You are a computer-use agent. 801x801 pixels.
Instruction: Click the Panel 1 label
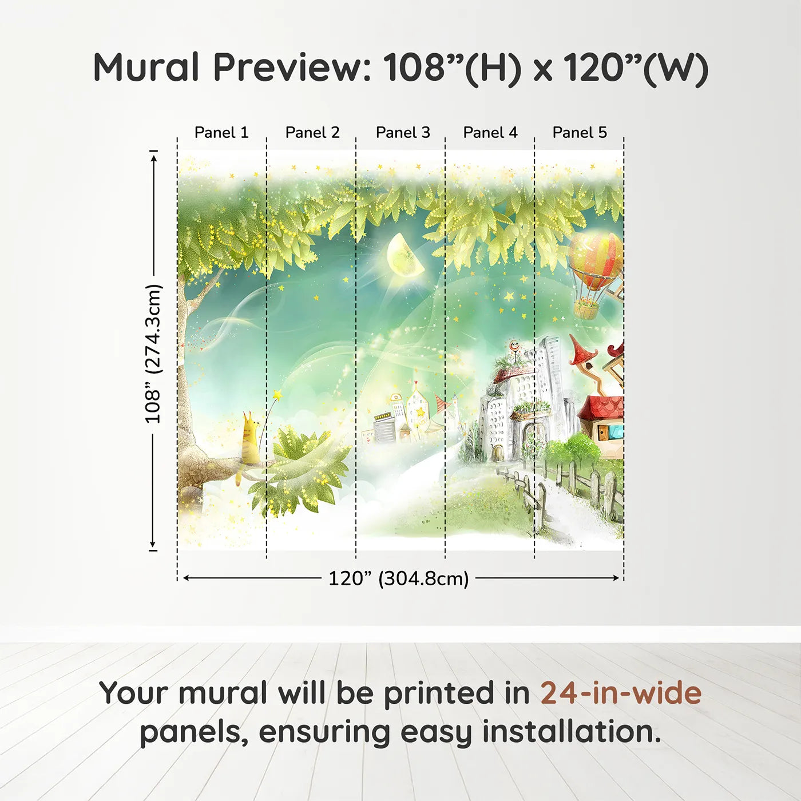click(221, 133)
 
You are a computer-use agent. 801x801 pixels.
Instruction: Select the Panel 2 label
click(312, 133)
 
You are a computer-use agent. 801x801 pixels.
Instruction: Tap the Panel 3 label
click(403, 133)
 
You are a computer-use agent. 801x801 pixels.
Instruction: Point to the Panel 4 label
click(490, 133)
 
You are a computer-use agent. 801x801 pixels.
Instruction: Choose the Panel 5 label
click(580, 133)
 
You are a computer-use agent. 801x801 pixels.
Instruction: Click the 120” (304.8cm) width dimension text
click(399, 578)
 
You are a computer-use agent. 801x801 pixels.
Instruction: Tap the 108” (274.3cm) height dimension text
click(153, 354)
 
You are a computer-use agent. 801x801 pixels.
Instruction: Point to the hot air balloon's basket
click(586, 309)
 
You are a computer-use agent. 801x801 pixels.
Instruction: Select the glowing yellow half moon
click(404, 255)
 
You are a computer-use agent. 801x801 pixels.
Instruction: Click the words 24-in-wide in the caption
click(621, 693)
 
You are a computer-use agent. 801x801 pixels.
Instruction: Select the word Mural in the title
click(147, 68)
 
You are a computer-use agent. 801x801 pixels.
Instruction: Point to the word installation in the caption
click(571, 732)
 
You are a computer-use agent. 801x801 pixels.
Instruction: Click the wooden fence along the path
click(572, 486)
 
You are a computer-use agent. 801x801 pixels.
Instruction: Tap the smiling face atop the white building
click(514, 346)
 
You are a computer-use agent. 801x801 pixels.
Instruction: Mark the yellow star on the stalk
click(277, 395)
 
